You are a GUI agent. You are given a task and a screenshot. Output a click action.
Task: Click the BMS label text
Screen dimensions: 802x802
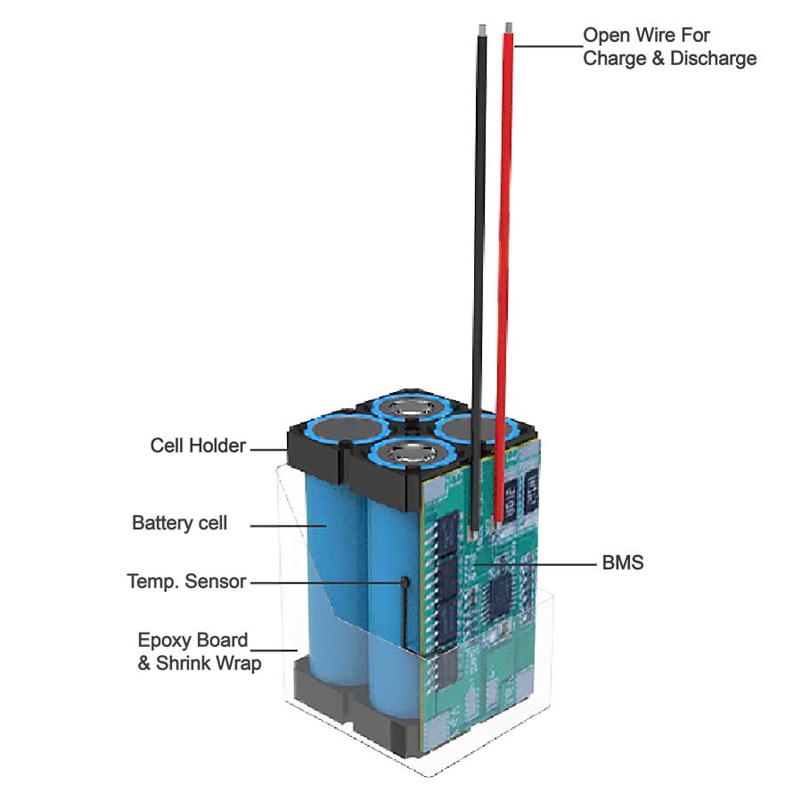click(623, 563)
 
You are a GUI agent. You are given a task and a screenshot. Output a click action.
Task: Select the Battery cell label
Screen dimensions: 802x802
click(179, 523)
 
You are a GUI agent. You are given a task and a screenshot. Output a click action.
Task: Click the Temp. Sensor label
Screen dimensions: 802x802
click(186, 582)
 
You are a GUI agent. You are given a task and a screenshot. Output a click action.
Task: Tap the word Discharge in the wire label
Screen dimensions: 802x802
click(717, 59)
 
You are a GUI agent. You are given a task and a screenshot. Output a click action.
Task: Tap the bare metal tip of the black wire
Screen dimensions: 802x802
click(482, 29)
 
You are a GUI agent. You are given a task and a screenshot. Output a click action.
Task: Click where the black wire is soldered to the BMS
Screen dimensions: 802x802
click(473, 536)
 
